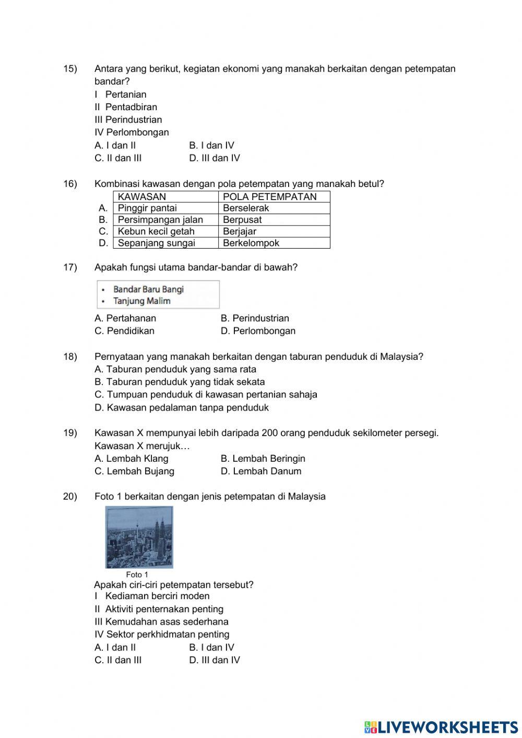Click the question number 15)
(70, 69)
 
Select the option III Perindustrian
(128, 120)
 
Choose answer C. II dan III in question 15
(118, 158)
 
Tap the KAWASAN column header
(142, 197)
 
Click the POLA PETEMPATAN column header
(269, 197)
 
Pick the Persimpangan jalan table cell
(160, 220)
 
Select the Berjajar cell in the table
(240, 231)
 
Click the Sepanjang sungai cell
(157, 243)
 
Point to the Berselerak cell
(246, 208)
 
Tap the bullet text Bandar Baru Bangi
(148, 289)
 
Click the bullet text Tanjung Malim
(142, 301)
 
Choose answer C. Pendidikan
(125, 331)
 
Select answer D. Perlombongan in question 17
(258, 331)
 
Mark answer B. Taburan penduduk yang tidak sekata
(180, 382)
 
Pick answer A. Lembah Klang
(132, 459)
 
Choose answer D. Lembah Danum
(261, 471)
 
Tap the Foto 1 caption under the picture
(137, 575)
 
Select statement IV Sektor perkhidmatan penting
(162, 635)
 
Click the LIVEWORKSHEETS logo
(441, 727)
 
